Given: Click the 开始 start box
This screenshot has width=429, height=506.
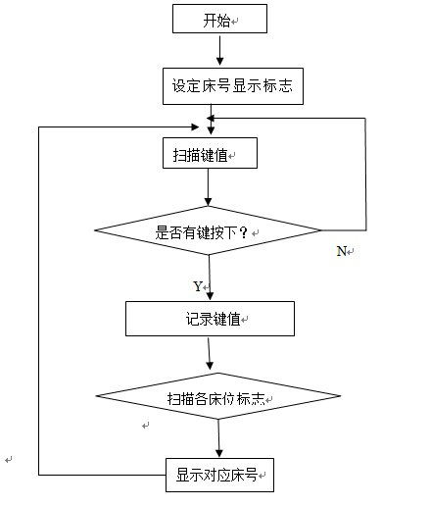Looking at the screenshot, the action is point(219,19).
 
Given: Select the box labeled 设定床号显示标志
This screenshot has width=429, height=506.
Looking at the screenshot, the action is point(233,86).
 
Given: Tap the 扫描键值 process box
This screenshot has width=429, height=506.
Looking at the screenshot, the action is point(210,153).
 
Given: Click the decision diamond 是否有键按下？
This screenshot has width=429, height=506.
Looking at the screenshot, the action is point(208,230).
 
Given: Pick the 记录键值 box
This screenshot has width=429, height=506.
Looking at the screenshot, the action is point(210,319).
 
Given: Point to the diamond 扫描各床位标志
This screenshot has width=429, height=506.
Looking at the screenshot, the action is point(218,396).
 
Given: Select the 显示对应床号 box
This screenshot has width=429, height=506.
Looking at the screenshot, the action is point(219,475).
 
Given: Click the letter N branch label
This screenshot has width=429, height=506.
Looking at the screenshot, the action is point(342,251).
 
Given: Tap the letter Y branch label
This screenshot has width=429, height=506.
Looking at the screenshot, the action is point(198,286).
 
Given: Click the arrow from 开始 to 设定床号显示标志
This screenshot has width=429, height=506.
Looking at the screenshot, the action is point(220,51).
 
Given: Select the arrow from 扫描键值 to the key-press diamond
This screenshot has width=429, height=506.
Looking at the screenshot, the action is point(208,187).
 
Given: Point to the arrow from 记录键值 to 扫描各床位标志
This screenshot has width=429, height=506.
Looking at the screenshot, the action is point(210,354).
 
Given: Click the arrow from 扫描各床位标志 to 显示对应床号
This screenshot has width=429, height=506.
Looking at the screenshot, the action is point(218,438).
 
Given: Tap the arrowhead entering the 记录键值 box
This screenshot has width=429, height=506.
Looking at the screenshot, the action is point(210,296).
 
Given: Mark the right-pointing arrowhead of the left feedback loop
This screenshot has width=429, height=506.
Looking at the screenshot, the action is point(195,126).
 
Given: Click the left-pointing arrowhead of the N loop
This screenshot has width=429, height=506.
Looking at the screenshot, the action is point(211,118).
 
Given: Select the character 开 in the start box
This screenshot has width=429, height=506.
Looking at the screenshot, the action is point(210,21).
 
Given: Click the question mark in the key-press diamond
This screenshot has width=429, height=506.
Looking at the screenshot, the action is point(244,232).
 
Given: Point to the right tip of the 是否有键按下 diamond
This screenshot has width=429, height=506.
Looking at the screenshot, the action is point(321,230).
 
